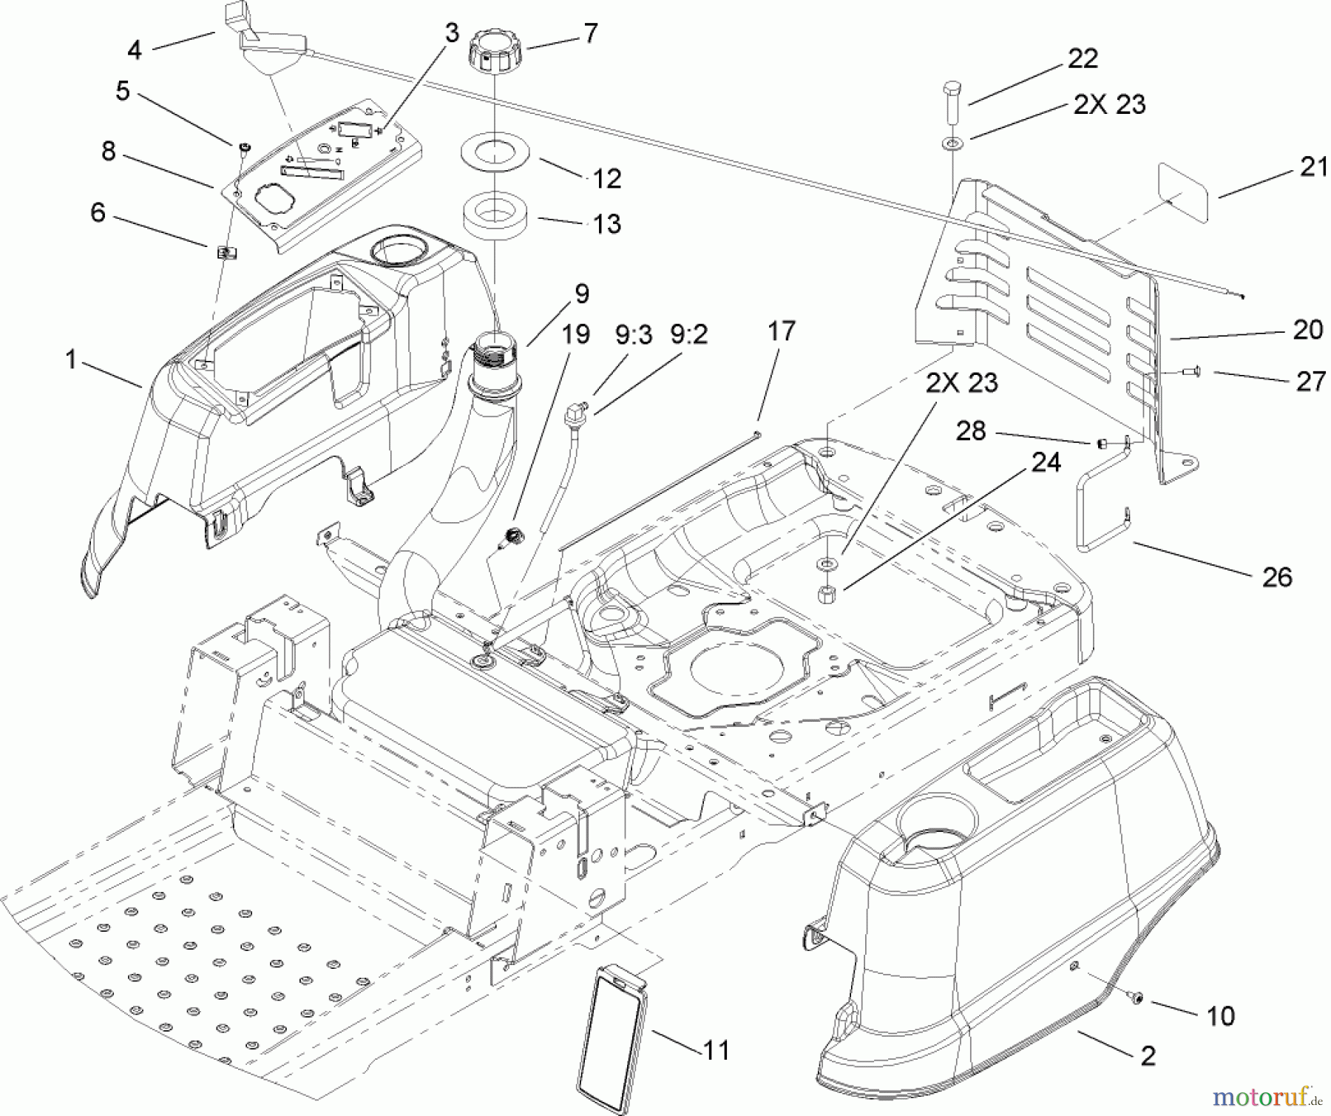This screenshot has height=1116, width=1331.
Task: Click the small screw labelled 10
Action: pos(1137,1000)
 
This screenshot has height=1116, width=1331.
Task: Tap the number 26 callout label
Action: pos(1276,577)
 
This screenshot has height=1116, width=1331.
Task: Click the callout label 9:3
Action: pos(634,335)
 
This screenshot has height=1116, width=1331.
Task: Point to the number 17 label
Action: pos(781,331)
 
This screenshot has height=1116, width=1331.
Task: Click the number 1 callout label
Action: pos(71,360)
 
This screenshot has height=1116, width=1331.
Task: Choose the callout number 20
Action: pos(1307,329)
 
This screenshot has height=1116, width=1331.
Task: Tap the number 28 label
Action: pos(971,430)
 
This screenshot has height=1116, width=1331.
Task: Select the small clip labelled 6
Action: pos(226,253)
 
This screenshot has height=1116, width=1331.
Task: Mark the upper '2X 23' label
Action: pos(1109,104)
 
